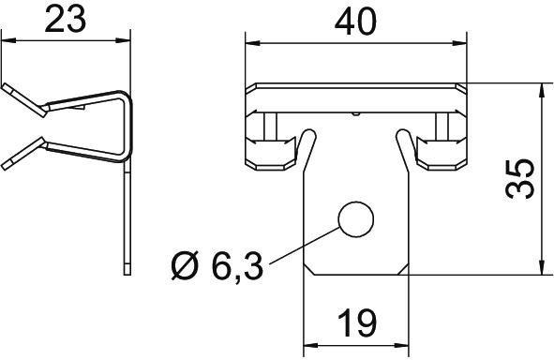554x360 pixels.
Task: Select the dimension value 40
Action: pyautogui.click(x=356, y=20)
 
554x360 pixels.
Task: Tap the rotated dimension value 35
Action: pyautogui.click(x=520, y=179)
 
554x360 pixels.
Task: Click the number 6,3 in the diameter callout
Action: pyautogui.click(x=235, y=268)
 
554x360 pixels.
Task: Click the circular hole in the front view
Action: pyautogui.click(x=355, y=219)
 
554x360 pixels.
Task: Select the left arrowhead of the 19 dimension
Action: pyautogui.click(x=310, y=343)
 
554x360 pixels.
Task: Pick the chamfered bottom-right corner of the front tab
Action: pyautogui.click(x=405, y=269)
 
